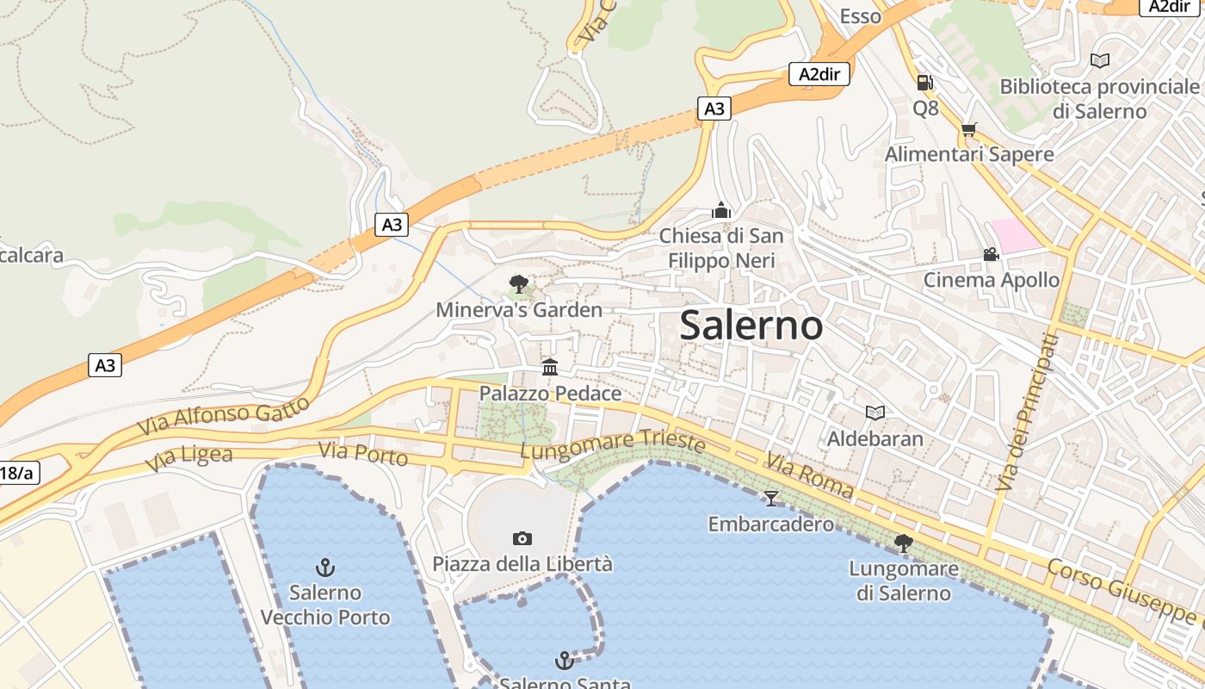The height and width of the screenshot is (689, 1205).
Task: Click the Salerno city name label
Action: (751, 326)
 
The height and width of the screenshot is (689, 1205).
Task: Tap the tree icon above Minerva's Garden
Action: (519, 283)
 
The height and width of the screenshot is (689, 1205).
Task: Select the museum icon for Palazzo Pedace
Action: (550, 368)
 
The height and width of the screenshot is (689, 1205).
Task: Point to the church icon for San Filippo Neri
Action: (721, 210)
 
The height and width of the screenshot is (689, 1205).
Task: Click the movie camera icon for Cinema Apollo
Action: (991, 255)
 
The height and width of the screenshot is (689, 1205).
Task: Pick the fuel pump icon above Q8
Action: (925, 83)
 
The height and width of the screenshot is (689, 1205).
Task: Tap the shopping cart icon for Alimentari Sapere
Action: (969, 130)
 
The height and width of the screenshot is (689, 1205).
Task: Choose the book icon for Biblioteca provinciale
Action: (1099, 60)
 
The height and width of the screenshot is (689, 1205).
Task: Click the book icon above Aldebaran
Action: (874, 413)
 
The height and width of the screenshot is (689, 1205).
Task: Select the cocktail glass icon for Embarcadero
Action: (770, 498)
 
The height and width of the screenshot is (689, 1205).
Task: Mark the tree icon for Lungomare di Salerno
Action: (903, 543)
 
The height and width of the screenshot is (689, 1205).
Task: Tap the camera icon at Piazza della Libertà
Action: (522, 539)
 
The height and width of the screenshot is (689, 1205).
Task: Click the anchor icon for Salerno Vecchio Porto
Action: (325, 567)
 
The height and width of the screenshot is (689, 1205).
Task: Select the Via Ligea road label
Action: (188, 457)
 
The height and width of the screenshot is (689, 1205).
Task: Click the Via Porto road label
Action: (362, 453)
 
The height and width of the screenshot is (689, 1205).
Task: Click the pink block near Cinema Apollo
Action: (1017, 235)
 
